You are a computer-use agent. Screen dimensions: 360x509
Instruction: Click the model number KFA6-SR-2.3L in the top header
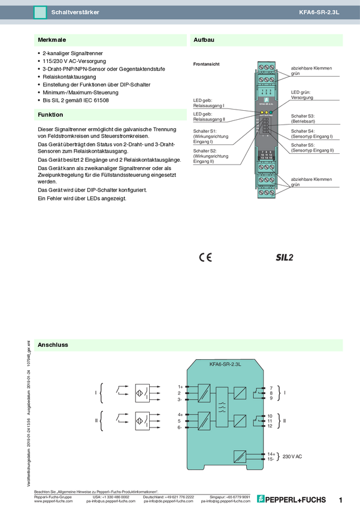pos(319,12)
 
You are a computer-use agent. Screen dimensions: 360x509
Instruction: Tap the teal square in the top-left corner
pos(40,12)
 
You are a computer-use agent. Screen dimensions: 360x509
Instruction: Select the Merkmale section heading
pos(52,40)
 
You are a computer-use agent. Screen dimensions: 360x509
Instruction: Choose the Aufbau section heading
pos(204,40)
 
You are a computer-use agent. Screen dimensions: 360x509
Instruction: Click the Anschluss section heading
pos(53,345)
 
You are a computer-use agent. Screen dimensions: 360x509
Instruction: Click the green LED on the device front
pos(271,113)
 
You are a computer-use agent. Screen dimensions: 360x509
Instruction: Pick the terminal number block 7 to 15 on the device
pos(266,155)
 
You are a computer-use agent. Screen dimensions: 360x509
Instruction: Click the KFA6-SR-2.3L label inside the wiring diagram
pos(225,363)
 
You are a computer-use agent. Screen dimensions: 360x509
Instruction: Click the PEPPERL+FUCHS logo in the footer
pos(292,499)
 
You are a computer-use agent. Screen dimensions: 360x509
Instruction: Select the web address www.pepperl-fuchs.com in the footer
pos(53,501)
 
